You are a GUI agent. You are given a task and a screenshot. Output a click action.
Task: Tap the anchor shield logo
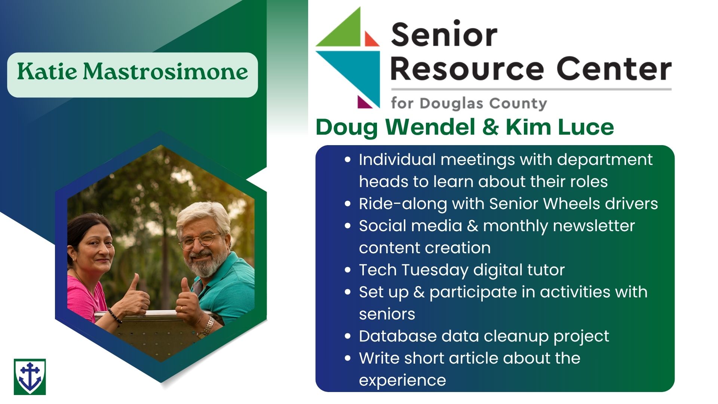click(30, 377)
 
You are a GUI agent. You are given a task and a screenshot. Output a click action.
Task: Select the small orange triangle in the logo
click(371, 39)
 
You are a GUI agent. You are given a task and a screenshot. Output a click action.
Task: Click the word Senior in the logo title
click(444, 34)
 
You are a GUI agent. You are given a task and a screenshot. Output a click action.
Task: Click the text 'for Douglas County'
click(469, 103)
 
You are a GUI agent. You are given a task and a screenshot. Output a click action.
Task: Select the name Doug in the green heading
click(347, 127)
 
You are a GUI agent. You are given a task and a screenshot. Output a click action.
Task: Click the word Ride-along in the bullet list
click(403, 204)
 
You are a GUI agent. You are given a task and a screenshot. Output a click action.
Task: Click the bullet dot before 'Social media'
click(348, 226)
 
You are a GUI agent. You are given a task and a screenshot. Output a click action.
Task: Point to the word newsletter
click(594, 226)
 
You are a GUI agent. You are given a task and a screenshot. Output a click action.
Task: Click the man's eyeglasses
click(199, 240)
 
